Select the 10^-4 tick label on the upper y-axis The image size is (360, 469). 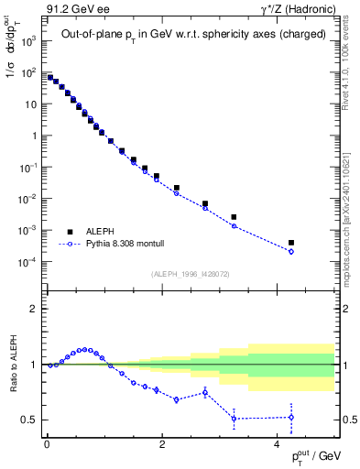27,262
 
